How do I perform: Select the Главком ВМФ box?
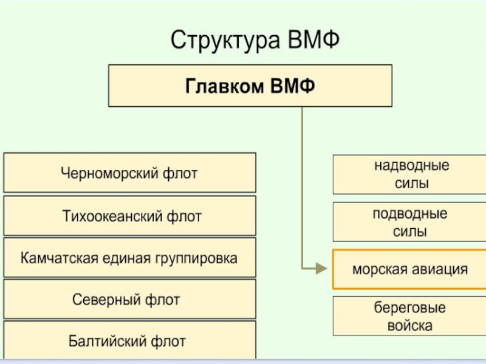(250, 87)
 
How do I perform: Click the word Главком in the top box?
(221, 87)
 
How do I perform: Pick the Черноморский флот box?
(129, 173)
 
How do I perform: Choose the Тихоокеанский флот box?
(129, 215)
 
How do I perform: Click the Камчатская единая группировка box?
(129, 258)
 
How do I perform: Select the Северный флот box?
(129, 299)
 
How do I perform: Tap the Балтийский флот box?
(129, 340)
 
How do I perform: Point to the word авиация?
(440, 269)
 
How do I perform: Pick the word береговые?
(409, 308)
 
